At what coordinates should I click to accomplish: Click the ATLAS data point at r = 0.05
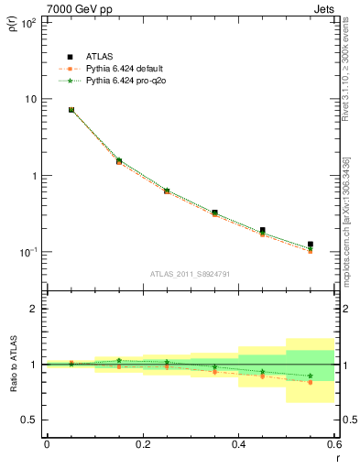[x=71, y=110]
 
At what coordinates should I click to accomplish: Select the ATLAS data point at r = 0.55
[x=311, y=245]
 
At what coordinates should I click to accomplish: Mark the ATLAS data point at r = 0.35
[x=214, y=213]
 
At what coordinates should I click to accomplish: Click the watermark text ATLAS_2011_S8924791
[x=190, y=273]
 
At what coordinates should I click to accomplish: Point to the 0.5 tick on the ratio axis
[x=30, y=420]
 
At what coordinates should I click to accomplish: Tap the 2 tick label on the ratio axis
[x=34, y=309]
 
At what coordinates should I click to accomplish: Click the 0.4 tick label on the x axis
[x=238, y=443]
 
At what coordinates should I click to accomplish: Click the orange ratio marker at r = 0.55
[x=311, y=382]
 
